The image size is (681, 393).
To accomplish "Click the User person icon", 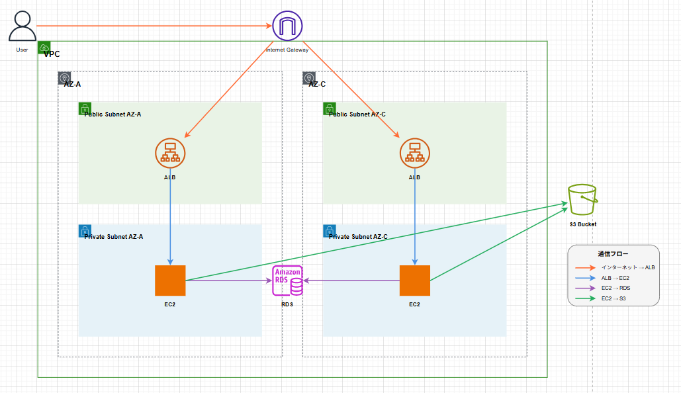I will tap(23, 26).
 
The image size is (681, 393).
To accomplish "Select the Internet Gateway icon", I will tap(287, 26).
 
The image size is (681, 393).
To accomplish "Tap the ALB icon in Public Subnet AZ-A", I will tap(170, 153).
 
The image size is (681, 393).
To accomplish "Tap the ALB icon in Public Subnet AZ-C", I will tap(414, 153).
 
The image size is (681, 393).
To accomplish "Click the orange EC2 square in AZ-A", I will tap(170, 281).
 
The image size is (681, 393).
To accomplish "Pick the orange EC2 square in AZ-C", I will tap(414, 281).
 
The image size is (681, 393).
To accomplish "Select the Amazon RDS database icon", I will tap(289, 281).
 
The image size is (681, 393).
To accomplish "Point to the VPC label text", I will tap(52, 54).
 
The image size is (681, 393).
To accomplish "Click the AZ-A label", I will tap(72, 84).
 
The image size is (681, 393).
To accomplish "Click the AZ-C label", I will tap(317, 84).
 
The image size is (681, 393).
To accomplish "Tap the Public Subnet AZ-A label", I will tap(113, 114).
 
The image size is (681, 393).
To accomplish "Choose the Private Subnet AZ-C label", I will tap(358, 236).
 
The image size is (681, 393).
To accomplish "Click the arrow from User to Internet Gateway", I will tap(152, 26).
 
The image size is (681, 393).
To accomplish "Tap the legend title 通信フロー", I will tap(613, 254).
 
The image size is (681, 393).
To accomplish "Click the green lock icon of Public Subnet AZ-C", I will tap(329, 108).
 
